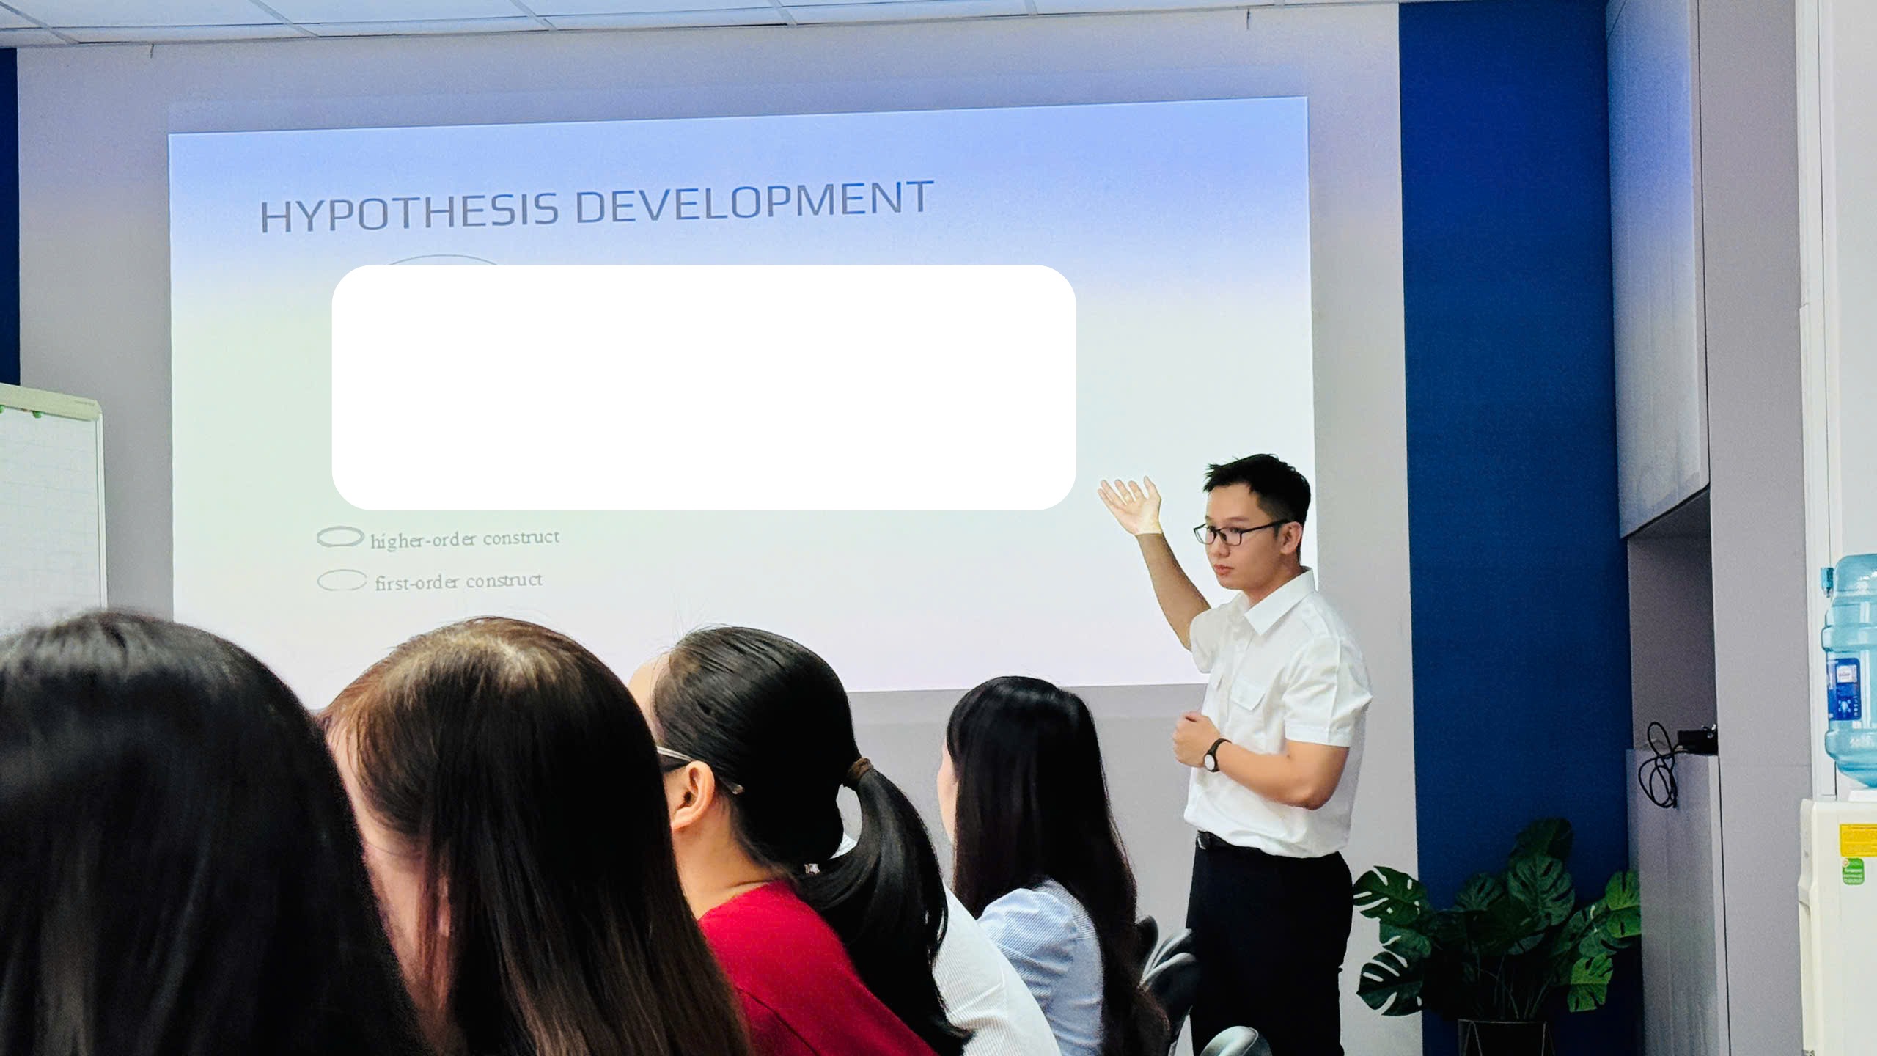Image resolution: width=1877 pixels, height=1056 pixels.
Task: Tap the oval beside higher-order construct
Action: click(340, 538)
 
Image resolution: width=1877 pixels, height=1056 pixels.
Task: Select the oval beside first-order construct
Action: click(342, 581)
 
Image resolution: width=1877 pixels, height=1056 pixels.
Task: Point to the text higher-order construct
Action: click(465, 539)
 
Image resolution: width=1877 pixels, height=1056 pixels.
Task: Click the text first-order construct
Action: click(459, 582)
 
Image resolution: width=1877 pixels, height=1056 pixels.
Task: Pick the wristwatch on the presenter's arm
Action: click(1215, 755)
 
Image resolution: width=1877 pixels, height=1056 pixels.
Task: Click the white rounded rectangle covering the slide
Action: click(704, 387)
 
